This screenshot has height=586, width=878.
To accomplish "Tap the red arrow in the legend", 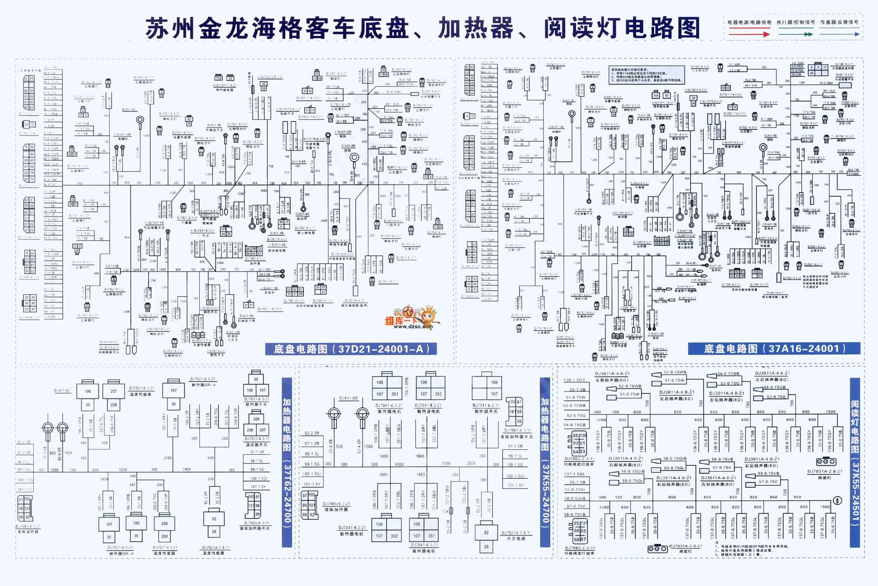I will click(749, 34).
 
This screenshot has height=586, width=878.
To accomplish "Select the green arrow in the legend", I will click(795, 34).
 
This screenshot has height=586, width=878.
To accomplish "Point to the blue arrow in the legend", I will click(839, 34).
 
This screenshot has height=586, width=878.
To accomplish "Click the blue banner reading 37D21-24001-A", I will click(351, 349).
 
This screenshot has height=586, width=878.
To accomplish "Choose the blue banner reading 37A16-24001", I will click(774, 349).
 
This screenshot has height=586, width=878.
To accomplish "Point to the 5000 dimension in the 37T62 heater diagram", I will click(123, 470).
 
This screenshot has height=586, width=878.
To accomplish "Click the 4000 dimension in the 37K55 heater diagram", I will click(399, 464).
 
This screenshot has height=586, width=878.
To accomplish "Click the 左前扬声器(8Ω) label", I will click(612, 380).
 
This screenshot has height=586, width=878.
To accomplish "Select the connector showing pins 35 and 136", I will click(579, 435).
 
